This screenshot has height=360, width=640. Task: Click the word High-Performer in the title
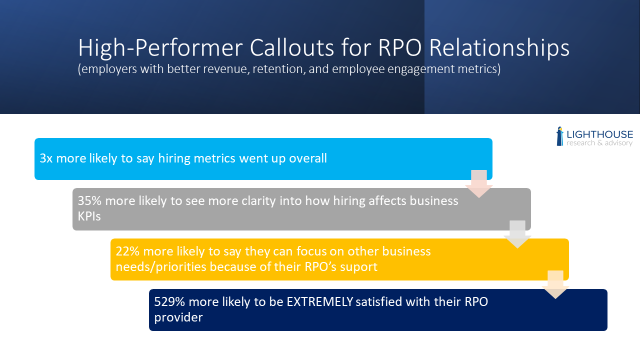tap(160, 48)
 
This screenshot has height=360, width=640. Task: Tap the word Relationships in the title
tap(499, 48)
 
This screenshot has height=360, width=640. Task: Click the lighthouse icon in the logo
tap(560, 136)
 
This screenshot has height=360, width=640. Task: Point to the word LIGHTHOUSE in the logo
tap(599, 134)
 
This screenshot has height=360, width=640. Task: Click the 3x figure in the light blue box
tap(46, 158)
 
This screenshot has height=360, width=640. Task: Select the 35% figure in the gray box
tap(89, 200)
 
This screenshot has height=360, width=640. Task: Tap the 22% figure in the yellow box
tap(127, 251)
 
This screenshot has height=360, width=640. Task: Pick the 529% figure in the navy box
tap(169, 301)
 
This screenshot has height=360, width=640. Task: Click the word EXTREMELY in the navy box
tap(319, 301)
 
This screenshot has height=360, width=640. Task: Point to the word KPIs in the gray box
tap(89, 216)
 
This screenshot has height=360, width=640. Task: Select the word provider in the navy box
tap(178, 317)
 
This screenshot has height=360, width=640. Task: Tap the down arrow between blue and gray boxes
tap(479, 183)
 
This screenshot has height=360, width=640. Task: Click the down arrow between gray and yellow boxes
tap(517, 234)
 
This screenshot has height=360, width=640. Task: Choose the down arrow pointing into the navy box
tap(555, 284)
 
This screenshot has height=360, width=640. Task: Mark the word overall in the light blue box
tap(308, 158)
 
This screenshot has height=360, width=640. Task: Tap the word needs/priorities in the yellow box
tap(161, 267)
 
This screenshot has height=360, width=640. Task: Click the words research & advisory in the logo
tap(599, 143)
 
